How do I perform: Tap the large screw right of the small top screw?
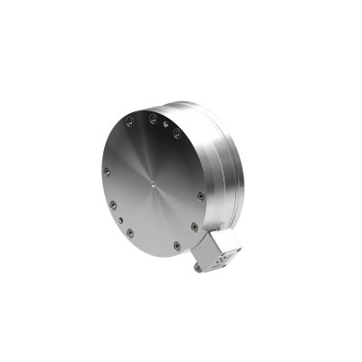177,134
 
